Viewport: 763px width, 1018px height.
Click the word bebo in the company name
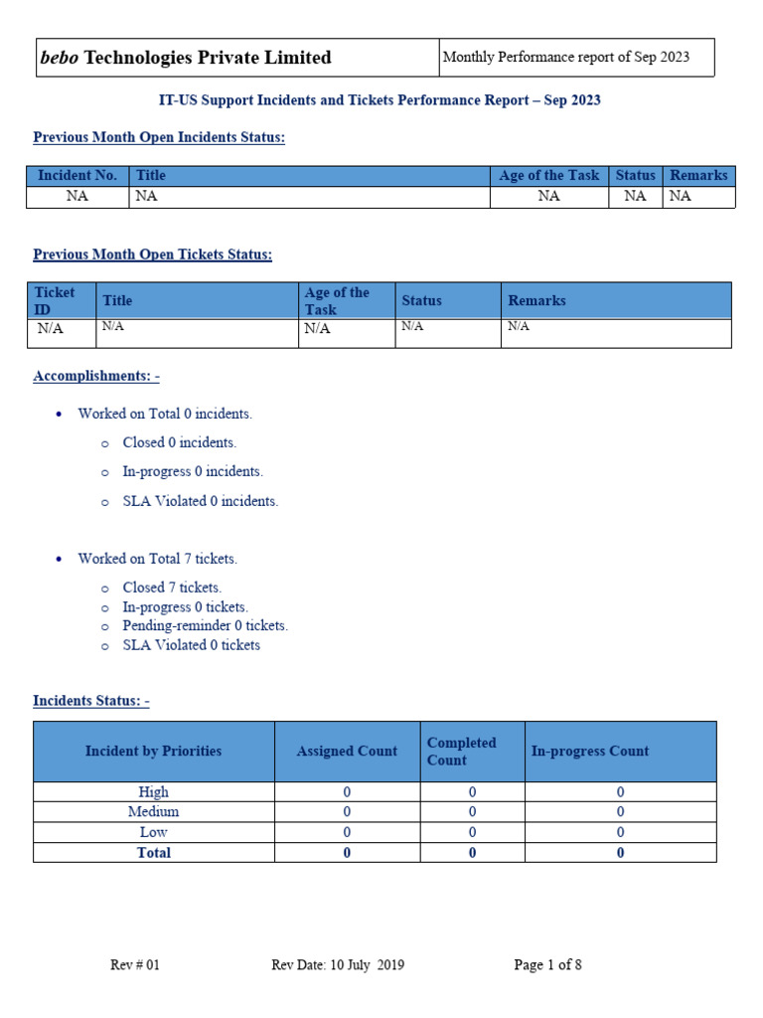[60, 58]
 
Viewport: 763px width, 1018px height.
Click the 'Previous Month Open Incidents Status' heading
[159, 137]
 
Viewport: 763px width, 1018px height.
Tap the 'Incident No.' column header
[77, 175]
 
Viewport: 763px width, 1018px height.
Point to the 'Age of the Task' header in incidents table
[548, 175]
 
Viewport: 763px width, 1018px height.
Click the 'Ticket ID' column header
[55, 300]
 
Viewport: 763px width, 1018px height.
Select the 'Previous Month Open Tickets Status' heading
[152, 254]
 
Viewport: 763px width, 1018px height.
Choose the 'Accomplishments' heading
[96, 376]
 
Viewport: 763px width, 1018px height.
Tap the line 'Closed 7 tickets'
[172, 588]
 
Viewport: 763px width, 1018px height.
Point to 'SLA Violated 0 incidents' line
[200, 501]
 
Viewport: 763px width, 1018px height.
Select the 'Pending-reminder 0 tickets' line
[205, 626]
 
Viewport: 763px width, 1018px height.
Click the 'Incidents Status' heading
[91, 701]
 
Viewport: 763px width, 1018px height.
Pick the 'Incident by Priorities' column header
[153, 752]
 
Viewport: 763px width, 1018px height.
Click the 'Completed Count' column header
[461, 752]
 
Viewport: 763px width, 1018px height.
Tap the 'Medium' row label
[153, 812]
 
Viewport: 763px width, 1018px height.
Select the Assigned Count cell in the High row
[347, 792]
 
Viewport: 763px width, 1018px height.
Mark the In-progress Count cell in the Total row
[620, 853]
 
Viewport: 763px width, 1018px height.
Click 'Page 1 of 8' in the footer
[547, 965]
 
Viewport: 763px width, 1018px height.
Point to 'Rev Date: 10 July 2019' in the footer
[338, 965]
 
